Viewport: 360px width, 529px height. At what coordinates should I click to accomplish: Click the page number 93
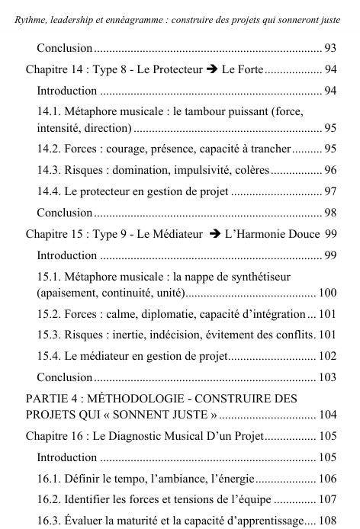(x=330, y=49)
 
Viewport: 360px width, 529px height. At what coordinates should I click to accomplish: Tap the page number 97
(x=330, y=191)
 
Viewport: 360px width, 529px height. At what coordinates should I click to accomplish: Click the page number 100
(x=327, y=292)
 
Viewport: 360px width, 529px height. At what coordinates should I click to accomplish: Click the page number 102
(x=327, y=355)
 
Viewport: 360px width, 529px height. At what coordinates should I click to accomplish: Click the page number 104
(x=327, y=415)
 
